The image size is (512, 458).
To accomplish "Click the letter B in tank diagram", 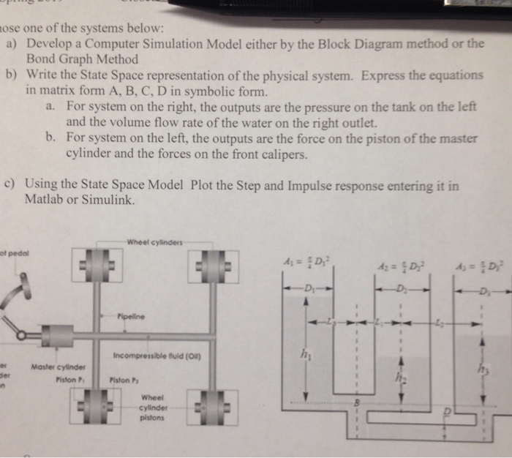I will [x=355, y=402].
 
